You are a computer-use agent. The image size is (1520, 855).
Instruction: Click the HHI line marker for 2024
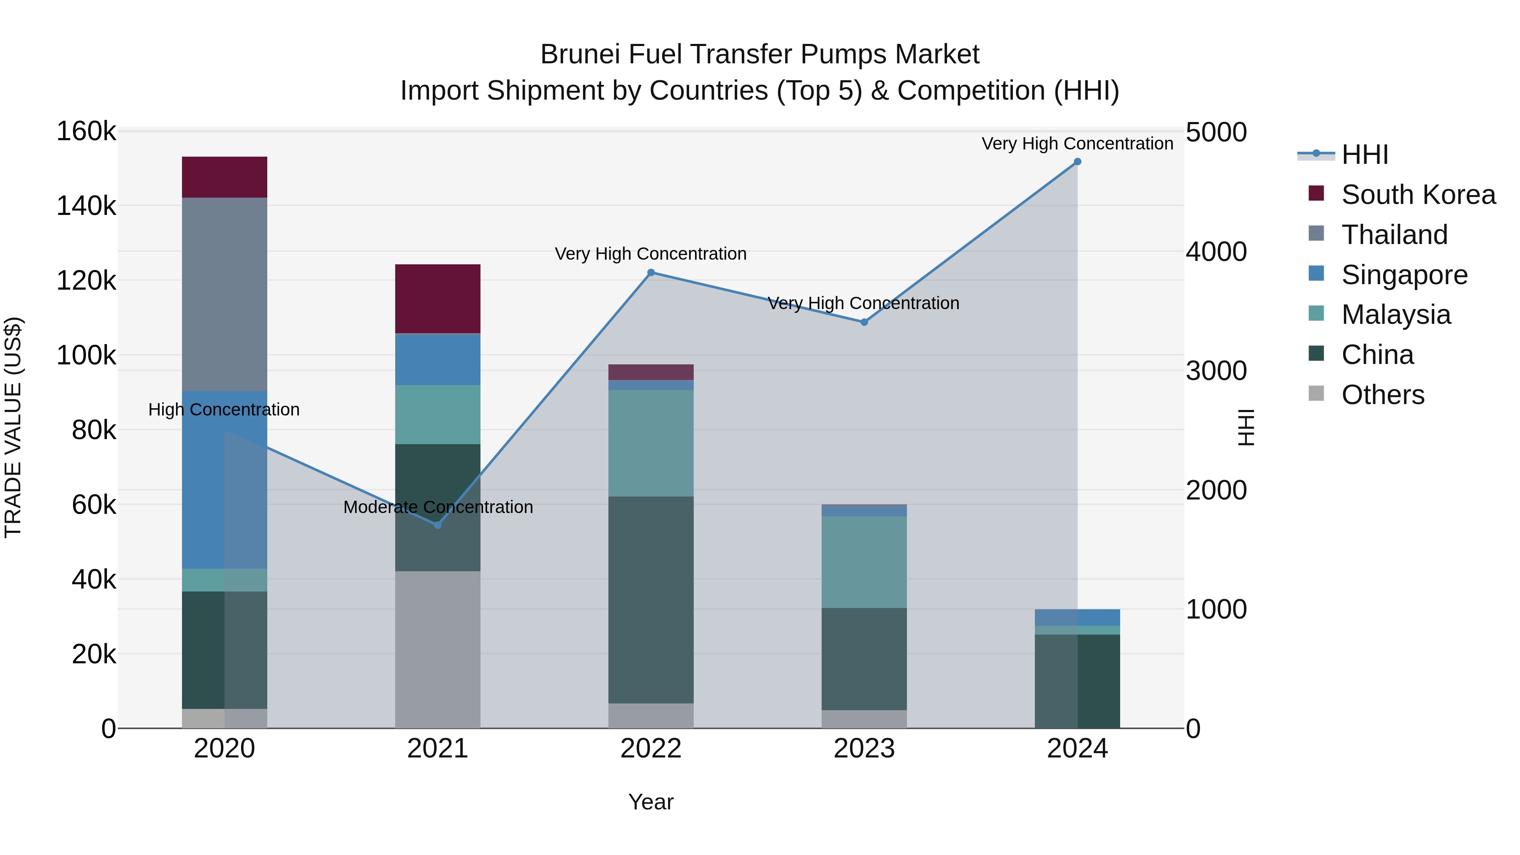[1078, 162]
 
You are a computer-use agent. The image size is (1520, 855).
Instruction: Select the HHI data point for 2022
[651, 273]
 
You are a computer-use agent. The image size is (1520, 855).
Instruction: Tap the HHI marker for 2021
[438, 525]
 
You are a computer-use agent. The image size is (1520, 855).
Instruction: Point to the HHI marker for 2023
[864, 322]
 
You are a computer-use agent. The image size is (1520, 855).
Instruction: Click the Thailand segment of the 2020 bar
[224, 294]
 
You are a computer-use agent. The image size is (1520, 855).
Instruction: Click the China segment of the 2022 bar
[651, 600]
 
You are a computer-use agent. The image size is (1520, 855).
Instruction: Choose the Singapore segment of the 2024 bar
[1078, 617]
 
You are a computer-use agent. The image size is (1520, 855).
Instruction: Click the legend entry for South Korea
[1418, 195]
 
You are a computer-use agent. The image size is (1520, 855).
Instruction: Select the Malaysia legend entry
[1395, 315]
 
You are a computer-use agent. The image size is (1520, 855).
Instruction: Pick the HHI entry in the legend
[1364, 155]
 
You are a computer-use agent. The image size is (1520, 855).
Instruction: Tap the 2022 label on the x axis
[651, 749]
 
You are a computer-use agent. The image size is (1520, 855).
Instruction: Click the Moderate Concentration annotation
[438, 508]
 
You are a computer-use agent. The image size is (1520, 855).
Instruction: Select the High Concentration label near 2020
[224, 410]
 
